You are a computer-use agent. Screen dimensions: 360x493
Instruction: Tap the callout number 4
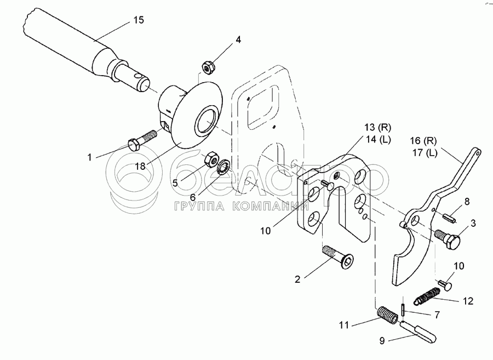238,39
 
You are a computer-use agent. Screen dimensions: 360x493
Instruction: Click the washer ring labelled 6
223,167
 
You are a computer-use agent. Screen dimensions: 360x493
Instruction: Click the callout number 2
297,279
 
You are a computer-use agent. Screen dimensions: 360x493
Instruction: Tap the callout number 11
344,325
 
